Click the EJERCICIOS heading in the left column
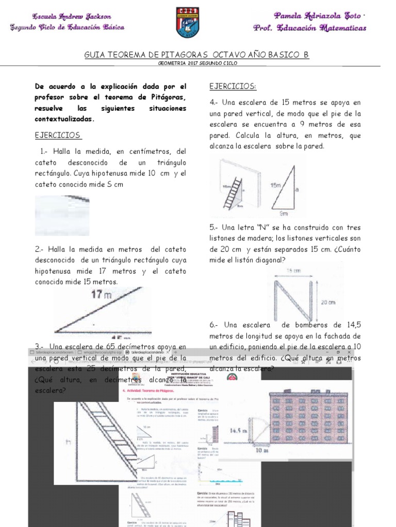(58, 135)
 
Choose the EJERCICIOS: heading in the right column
(233, 86)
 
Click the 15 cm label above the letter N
(293, 270)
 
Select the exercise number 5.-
(214, 227)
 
